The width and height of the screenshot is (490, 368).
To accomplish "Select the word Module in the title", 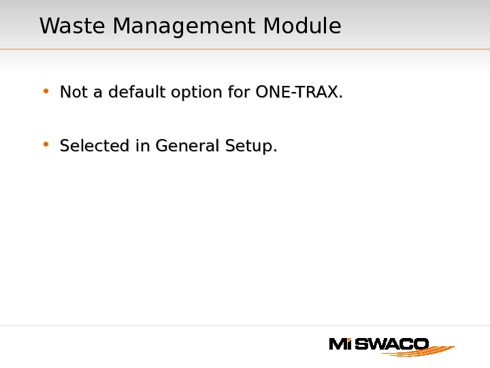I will click(x=302, y=27).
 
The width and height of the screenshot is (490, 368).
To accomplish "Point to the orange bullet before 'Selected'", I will click(x=46, y=144).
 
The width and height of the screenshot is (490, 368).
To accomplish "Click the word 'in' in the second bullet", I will click(x=142, y=146).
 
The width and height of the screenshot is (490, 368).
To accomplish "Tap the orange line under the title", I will click(x=245, y=49).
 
